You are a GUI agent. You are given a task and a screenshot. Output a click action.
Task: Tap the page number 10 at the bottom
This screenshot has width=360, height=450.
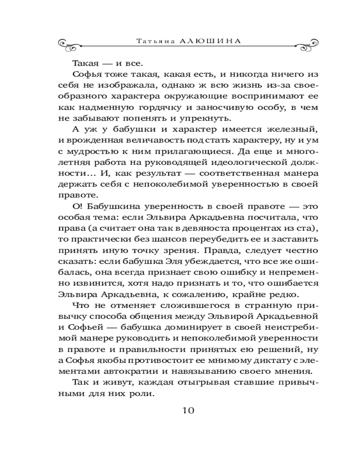188,410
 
